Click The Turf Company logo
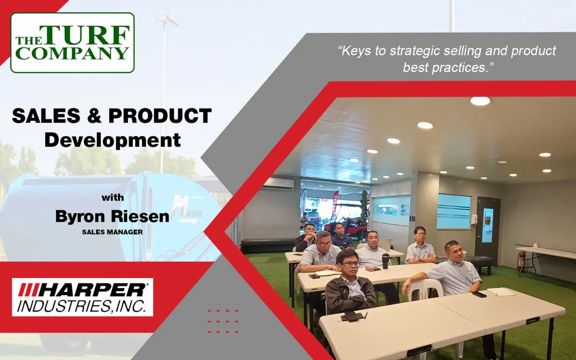coord(72,42)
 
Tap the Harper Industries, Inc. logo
coord(83,297)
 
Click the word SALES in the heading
coord(46,116)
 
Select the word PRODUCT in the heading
coord(160,116)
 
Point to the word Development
coord(113,140)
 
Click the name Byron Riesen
coord(112,216)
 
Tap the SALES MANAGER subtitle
coord(112,232)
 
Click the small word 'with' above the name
coord(113,198)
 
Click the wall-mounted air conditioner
coord(278,183)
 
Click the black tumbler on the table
coord(385,261)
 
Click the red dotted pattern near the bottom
coord(223,322)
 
